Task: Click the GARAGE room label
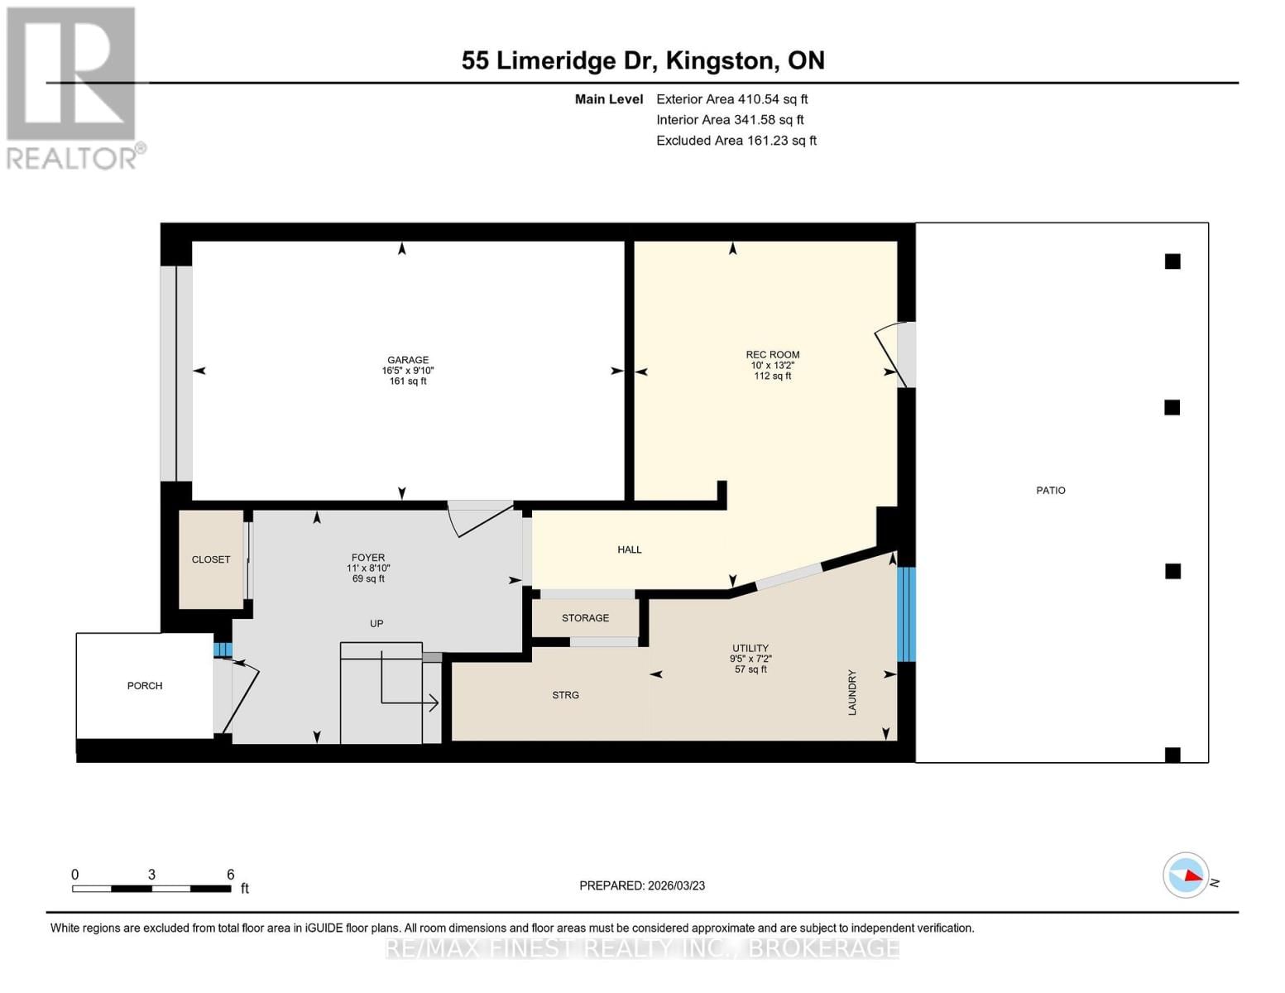[408, 360]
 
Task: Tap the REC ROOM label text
[772, 354]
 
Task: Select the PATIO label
[1050, 491]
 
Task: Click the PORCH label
[145, 686]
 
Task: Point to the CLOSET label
[211, 559]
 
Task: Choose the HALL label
[629, 549]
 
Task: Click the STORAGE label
[585, 618]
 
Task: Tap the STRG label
[565, 695]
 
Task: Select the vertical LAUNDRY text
[852, 693]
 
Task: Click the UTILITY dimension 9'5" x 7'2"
[750, 659]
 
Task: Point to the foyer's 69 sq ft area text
[368, 579]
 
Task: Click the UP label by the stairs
[376, 624]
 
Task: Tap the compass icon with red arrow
[1186, 875]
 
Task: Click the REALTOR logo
[72, 87]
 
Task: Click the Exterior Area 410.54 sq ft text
[731, 99]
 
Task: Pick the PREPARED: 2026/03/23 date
[642, 885]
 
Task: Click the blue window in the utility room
[907, 614]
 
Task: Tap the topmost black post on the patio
[1172, 261]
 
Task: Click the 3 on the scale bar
[151, 875]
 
